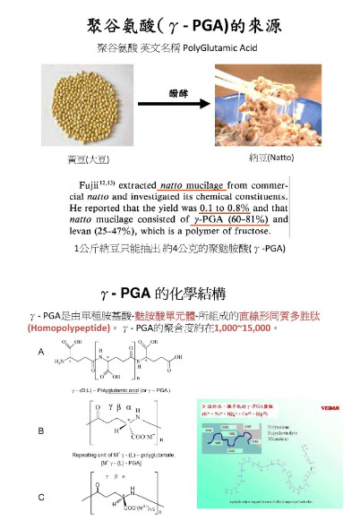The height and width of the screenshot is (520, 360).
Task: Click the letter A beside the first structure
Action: (39, 353)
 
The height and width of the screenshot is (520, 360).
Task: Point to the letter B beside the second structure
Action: (39, 430)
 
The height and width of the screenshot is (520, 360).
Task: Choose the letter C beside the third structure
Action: (39, 495)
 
